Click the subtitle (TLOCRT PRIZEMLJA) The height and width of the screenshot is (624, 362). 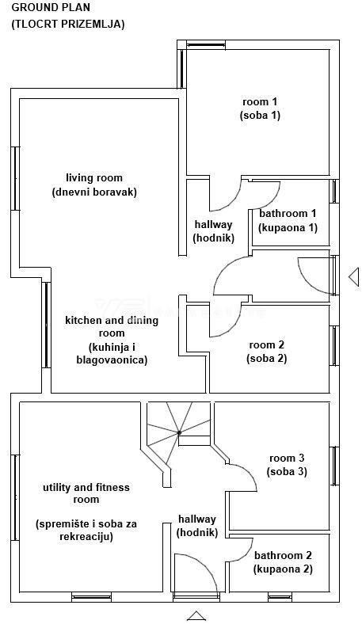67,24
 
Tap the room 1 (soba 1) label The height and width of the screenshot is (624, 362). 260,108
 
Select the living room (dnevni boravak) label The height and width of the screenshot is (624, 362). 94,185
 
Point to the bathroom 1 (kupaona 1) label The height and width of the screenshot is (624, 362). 288,220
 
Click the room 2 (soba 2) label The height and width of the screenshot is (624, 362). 266,351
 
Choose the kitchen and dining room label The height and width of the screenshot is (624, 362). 112,340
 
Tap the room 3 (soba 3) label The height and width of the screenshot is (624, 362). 287,465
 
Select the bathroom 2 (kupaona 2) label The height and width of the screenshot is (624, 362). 283,561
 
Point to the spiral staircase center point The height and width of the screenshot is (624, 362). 180,432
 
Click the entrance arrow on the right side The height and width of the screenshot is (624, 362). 353,276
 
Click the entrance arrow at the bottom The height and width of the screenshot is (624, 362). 196,615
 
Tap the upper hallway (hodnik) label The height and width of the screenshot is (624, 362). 214,231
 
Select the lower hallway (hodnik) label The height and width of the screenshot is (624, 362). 197,525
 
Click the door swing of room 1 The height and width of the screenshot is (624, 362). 228,190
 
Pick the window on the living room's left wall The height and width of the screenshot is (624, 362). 14,177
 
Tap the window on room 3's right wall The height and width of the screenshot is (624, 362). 334,466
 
